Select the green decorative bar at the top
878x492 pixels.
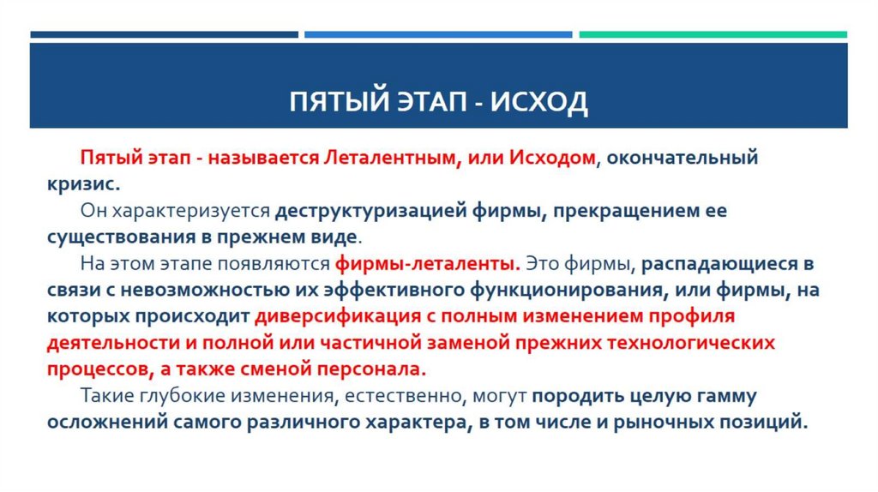(x=713, y=35)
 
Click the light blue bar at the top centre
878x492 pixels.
(x=438, y=35)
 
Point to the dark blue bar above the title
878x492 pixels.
(x=164, y=35)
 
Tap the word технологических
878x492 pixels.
(x=677, y=343)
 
